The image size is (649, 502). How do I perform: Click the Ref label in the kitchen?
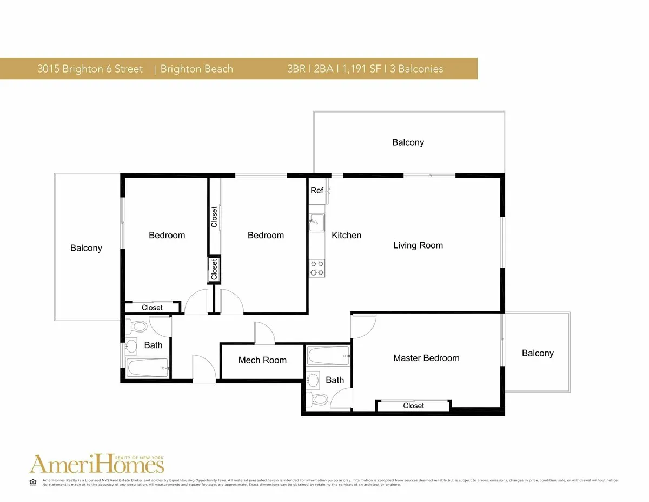pyautogui.click(x=317, y=191)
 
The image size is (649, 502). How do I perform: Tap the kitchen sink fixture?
pyautogui.click(x=317, y=223)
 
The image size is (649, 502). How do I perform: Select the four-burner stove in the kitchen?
pyautogui.click(x=317, y=268)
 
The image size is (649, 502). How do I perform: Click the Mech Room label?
pyautogui.click(x=262, y=360)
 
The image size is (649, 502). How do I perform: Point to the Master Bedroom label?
pyautogui.click(x=426, y=358)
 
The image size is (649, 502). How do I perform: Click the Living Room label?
pyautogui.click(x=418, y=245)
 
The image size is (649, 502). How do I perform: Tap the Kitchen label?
pyautogui.click(x=346, y=235)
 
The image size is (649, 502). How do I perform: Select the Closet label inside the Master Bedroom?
pyautogui.click(x=413, y=406)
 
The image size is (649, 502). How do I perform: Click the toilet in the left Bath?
pyautogui.click(x=137, y=327)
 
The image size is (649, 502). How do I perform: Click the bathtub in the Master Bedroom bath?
pyautogui.click(x=328, y=356)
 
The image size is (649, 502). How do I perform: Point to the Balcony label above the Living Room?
pyautogui.click(x=408, y=142)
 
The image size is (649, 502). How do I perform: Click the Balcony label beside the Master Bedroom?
pyautogui.click(x=538, y=353)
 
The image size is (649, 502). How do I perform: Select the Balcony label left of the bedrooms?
pyautogui.click(x=86, y=248)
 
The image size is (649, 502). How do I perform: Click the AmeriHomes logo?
pyautogui.click(x=97, y=464)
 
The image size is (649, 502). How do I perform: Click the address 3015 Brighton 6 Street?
pyautogui.click(x=90, y=69)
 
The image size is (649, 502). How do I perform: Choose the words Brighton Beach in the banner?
pyautogui.click(x=197, y=69)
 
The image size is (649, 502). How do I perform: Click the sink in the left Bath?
pyautogui.click(x=131, y=346)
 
